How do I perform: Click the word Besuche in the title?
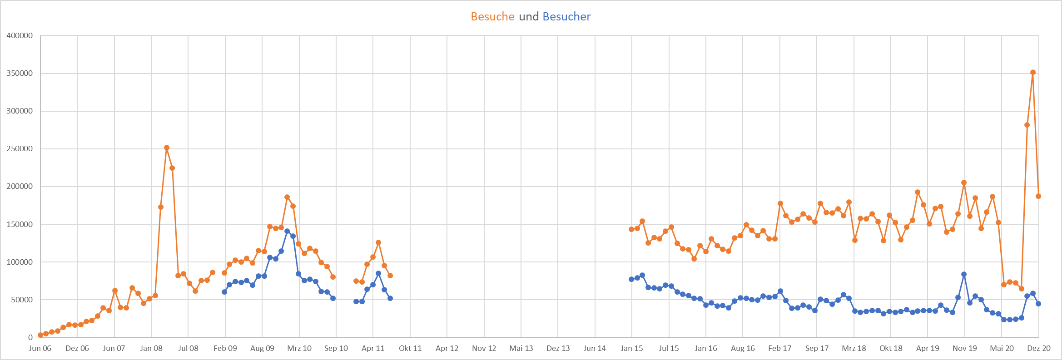tap(492, 16)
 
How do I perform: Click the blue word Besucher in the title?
tap(566, 16)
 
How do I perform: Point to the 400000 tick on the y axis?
tap(20, 35)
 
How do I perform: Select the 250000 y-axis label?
tap(20, 148)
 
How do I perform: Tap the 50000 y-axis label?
tap(22, 300)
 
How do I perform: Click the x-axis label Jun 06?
tap(40, 348)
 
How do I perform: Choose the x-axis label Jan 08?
tap(151, 348)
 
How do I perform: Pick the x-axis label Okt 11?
tap(410, 348)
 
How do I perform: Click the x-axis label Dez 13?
tap(558, 348)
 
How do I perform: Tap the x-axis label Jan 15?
tap(632, 348)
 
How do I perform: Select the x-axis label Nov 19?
tap(964, 348)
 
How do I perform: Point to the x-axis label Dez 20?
tap(1039, 348)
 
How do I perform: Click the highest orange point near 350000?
tap(1033, 72)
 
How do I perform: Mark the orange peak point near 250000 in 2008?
tap(167, 148)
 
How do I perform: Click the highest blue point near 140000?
tap(287, 231)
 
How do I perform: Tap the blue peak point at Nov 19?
tap(964, 274)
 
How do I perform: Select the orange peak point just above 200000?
tap(964, 182)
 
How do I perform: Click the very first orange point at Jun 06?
tap(40, 335)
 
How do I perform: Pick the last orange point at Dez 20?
tap(1038, 196)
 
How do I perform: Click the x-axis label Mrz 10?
tap(299, 348)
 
